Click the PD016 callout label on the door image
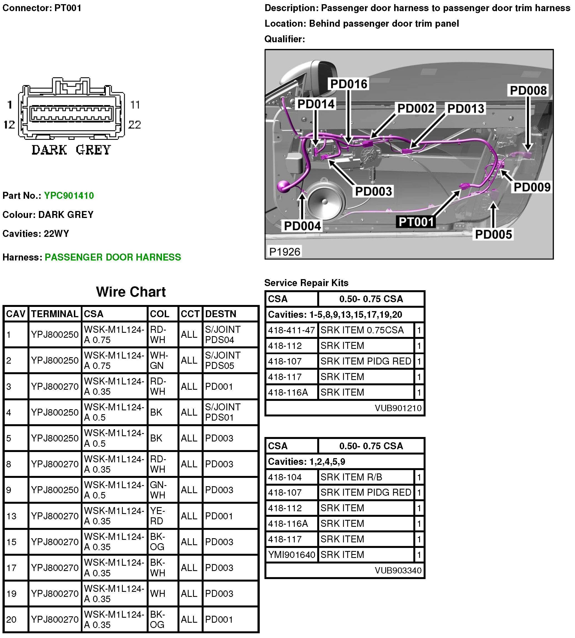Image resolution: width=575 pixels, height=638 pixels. (x=349, y=84)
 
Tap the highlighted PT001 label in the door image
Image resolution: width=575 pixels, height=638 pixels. (x=416, y=222)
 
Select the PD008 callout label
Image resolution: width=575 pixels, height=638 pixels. (x=528, y=91)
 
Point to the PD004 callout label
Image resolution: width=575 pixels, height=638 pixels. (x=302, y=226)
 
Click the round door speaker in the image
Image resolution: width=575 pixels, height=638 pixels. (x=324, y=201)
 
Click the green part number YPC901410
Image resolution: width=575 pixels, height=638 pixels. (x=69, y=196)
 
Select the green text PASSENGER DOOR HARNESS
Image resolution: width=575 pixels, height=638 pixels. (x=113, y=257)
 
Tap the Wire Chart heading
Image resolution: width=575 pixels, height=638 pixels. (x=131, y=292)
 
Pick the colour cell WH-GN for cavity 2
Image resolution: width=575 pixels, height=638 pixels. (x=159, y=360)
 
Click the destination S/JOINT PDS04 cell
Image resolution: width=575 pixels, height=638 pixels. (x=223, y=334)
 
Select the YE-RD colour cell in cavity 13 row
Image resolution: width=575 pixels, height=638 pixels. (x=157, y=516)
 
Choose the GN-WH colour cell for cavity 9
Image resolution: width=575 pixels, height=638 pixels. (x=158, y=490)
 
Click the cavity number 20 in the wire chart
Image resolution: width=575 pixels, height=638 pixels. (x=11, y=619)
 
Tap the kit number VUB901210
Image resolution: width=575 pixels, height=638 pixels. (x=398, y=408)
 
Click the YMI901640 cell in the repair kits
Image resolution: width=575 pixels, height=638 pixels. (x=291, y=555)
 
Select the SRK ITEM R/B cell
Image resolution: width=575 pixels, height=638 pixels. (x=351, y=477)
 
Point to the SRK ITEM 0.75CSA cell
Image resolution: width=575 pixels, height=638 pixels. (x=362, y=330)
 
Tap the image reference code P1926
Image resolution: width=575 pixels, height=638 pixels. (x=284, y=252)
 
